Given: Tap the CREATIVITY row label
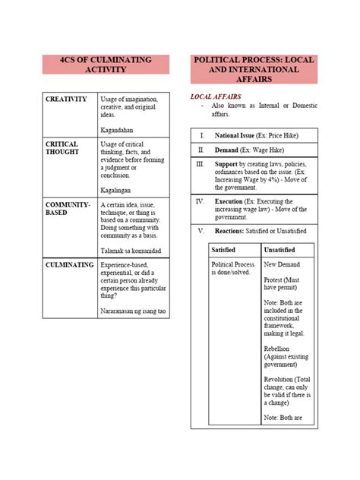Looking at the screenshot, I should click(x=66, y=99).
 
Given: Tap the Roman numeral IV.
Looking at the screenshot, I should click(x=201, y=201).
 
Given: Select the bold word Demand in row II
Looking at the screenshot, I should click(x=229, y=150).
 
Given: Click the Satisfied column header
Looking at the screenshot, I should click(x=224, y=249).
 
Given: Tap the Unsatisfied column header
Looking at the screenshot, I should click(x=279, y=249).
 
